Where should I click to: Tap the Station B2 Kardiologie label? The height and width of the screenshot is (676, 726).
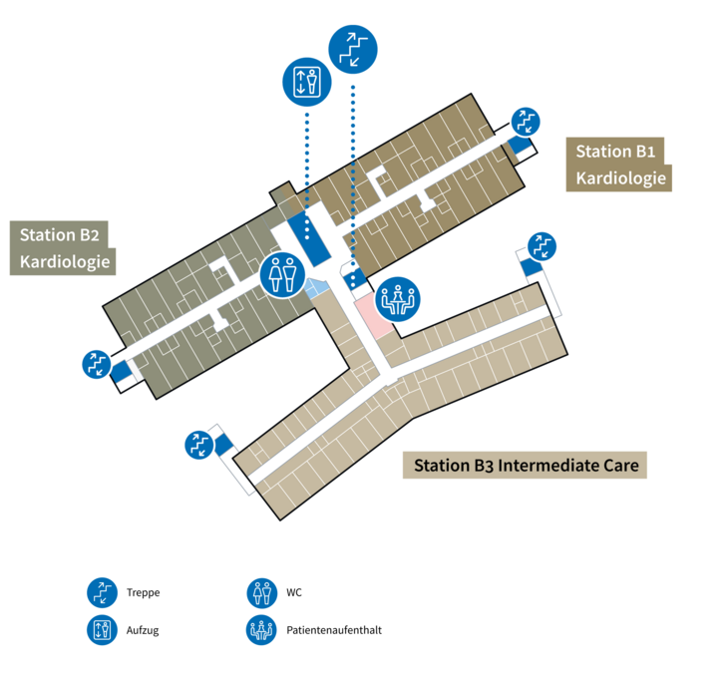tap(62, 249)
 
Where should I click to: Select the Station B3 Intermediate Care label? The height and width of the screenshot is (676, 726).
tap(525, 466)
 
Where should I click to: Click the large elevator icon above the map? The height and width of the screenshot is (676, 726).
tap(305, 81)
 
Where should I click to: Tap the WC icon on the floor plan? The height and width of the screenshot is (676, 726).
tap(281, 274)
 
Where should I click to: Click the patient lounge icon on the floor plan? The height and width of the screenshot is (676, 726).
tap(399, 297)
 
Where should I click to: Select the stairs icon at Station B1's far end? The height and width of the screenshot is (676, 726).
tap(526, 123)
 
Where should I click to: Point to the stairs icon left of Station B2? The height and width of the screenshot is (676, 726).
tap(97, 364)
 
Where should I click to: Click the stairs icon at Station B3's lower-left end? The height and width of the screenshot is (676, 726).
tap(199, 444)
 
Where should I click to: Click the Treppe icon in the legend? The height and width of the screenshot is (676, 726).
tap(101, 592)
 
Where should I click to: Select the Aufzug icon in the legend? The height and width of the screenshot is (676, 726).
tap(101, 630)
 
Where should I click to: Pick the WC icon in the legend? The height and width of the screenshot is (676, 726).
tap(260, 592)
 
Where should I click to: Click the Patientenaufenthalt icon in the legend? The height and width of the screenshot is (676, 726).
tap(260, 630)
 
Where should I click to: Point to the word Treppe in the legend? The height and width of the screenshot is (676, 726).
tap(144, 592)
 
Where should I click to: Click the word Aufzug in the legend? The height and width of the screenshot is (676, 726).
tap(144, 630)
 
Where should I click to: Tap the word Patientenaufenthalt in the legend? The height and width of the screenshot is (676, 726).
tap(333, 630)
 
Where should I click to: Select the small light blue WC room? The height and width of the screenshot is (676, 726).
tap(317, 288)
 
